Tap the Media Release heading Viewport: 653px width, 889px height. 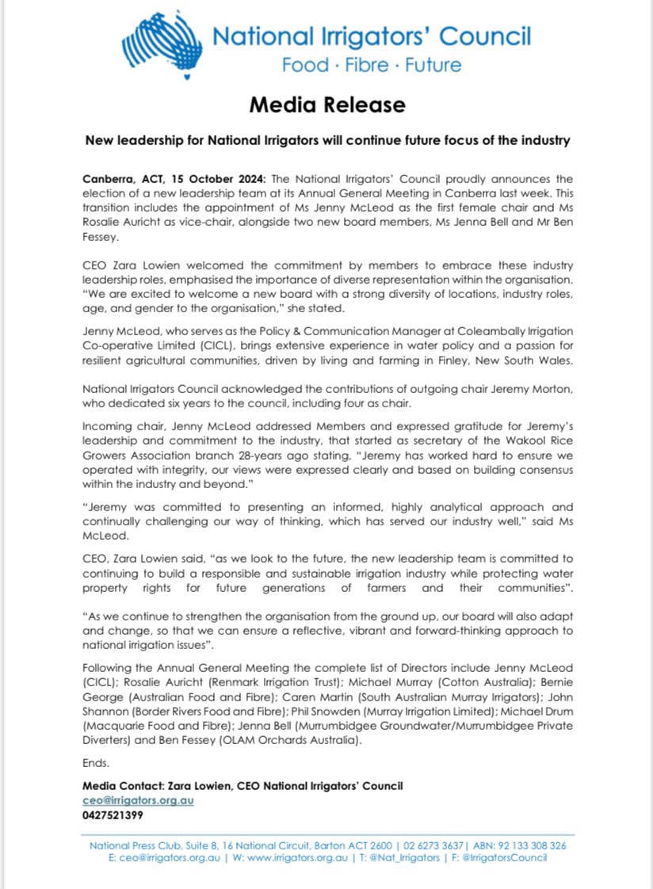(326, 105)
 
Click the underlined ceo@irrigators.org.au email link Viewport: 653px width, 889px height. (138, 800)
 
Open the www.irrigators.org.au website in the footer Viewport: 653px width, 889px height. (299, 858)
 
